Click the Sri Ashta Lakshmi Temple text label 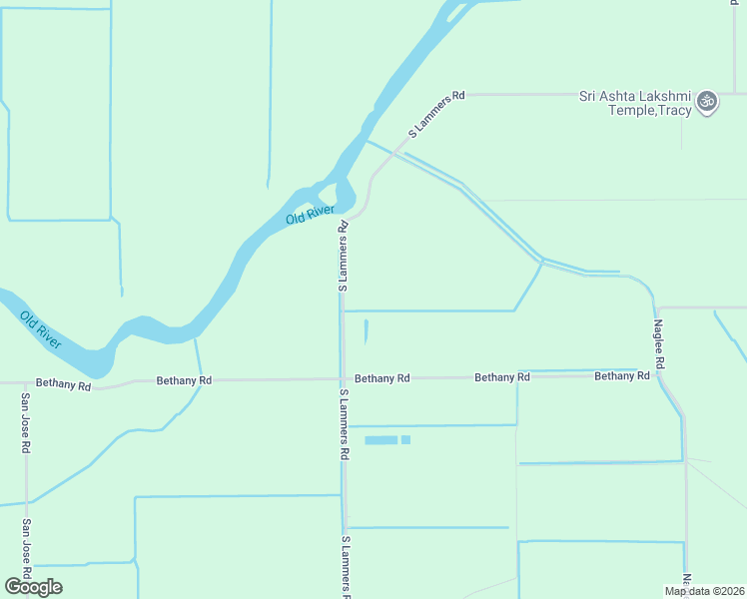pos(635,103)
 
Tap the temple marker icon pos(707,102)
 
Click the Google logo pos(33,586)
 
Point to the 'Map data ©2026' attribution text pos(705,591)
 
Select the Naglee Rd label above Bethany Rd pos(659,345)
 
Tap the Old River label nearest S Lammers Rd pos(309,215)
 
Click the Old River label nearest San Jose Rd pos(40,329)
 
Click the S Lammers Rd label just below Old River pos(343,257)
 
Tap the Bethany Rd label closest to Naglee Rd pos(621,376)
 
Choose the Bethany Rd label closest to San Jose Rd pos(63,383)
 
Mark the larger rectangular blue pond pos(380,439)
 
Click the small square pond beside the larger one pos(405,439)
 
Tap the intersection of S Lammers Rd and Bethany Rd pos(342,379)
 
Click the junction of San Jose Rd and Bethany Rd pos(26,382)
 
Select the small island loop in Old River pos(346,193)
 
